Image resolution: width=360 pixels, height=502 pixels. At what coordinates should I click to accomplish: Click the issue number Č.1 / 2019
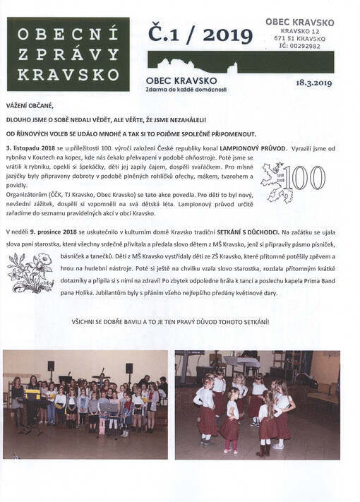[199, 33]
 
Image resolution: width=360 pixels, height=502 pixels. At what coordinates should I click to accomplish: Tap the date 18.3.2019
[314, 83]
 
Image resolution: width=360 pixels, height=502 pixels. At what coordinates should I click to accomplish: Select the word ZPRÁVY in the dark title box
[68, 53]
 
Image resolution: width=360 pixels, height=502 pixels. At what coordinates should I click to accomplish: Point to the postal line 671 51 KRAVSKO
[300, 38]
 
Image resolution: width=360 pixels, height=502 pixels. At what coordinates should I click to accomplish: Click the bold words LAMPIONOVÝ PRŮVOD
[251, 148]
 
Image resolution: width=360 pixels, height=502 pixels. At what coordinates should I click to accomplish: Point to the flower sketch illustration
[30, 273]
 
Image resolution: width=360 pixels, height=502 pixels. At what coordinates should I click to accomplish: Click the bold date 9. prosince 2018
[60, 232]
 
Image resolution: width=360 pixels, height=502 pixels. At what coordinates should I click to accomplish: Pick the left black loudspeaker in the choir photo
[51, 366]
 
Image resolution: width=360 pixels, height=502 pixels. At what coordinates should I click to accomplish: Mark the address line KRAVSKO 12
[300, 31]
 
